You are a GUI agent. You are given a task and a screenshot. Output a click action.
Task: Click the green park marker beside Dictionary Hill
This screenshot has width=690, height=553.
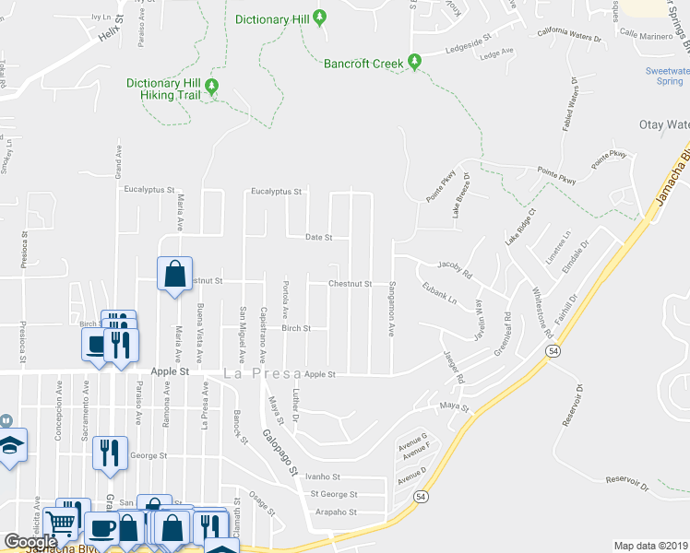[320, 18]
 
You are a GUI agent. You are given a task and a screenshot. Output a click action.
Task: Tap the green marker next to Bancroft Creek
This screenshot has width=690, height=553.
[415, 63]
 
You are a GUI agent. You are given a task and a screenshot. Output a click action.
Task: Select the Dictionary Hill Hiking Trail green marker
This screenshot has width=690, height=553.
[211, 87]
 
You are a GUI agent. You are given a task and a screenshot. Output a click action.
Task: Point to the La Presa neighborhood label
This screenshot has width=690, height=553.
[257, 373]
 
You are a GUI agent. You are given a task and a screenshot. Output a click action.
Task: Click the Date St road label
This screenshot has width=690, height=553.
[318, 237]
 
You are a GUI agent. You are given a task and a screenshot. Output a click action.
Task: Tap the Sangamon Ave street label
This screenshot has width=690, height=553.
[391, 308]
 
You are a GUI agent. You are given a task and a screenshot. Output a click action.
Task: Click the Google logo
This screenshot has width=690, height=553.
[30, 542]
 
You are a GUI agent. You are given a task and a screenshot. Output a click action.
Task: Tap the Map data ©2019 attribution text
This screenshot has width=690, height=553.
[651, 546]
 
